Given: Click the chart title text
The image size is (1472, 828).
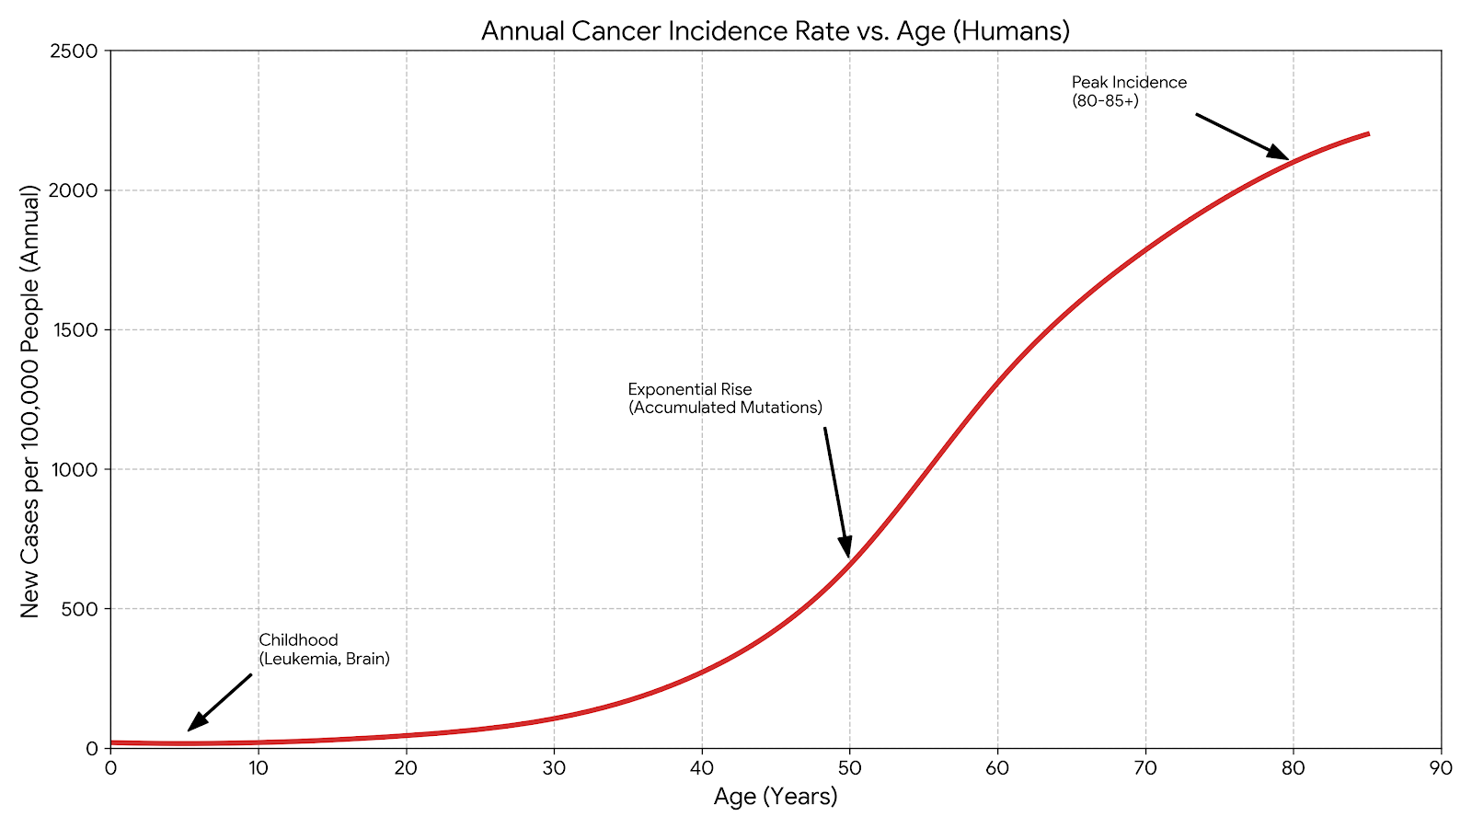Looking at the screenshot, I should click(775, 31).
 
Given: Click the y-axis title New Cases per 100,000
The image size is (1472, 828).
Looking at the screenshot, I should click(30, 401).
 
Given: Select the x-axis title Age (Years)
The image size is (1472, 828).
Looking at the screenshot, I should click(776, 797).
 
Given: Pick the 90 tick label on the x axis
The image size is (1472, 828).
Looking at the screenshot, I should click(1441, 768).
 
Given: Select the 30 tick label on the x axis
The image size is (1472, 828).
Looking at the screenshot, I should click(554, 768).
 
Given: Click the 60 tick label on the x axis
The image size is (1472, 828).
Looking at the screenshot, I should click(997, 768).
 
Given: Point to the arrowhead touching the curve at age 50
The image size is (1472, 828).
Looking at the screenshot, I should click(845, 547).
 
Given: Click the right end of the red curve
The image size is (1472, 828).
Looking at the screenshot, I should click(1367, 134).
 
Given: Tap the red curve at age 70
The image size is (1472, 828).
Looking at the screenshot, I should click(1145, 250).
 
